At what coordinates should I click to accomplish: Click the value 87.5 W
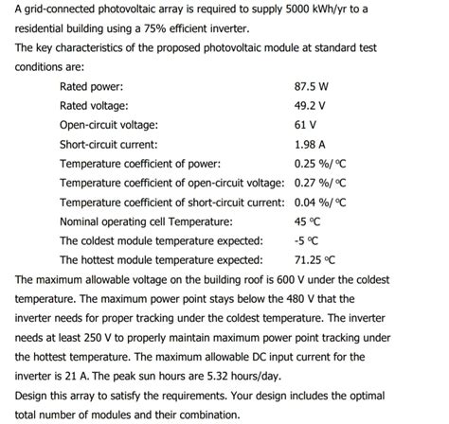(x=312, y=86)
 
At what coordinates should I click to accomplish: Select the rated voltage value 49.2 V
(x=310, y=106)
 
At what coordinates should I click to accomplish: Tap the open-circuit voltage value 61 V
(x=306, y=125)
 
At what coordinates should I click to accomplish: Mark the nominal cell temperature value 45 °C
(x=309, y=221)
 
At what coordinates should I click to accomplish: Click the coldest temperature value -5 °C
(x=307, y=240)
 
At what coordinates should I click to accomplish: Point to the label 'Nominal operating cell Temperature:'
(x=146, y=221)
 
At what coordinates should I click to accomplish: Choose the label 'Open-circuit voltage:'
(x=109, y=125)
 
